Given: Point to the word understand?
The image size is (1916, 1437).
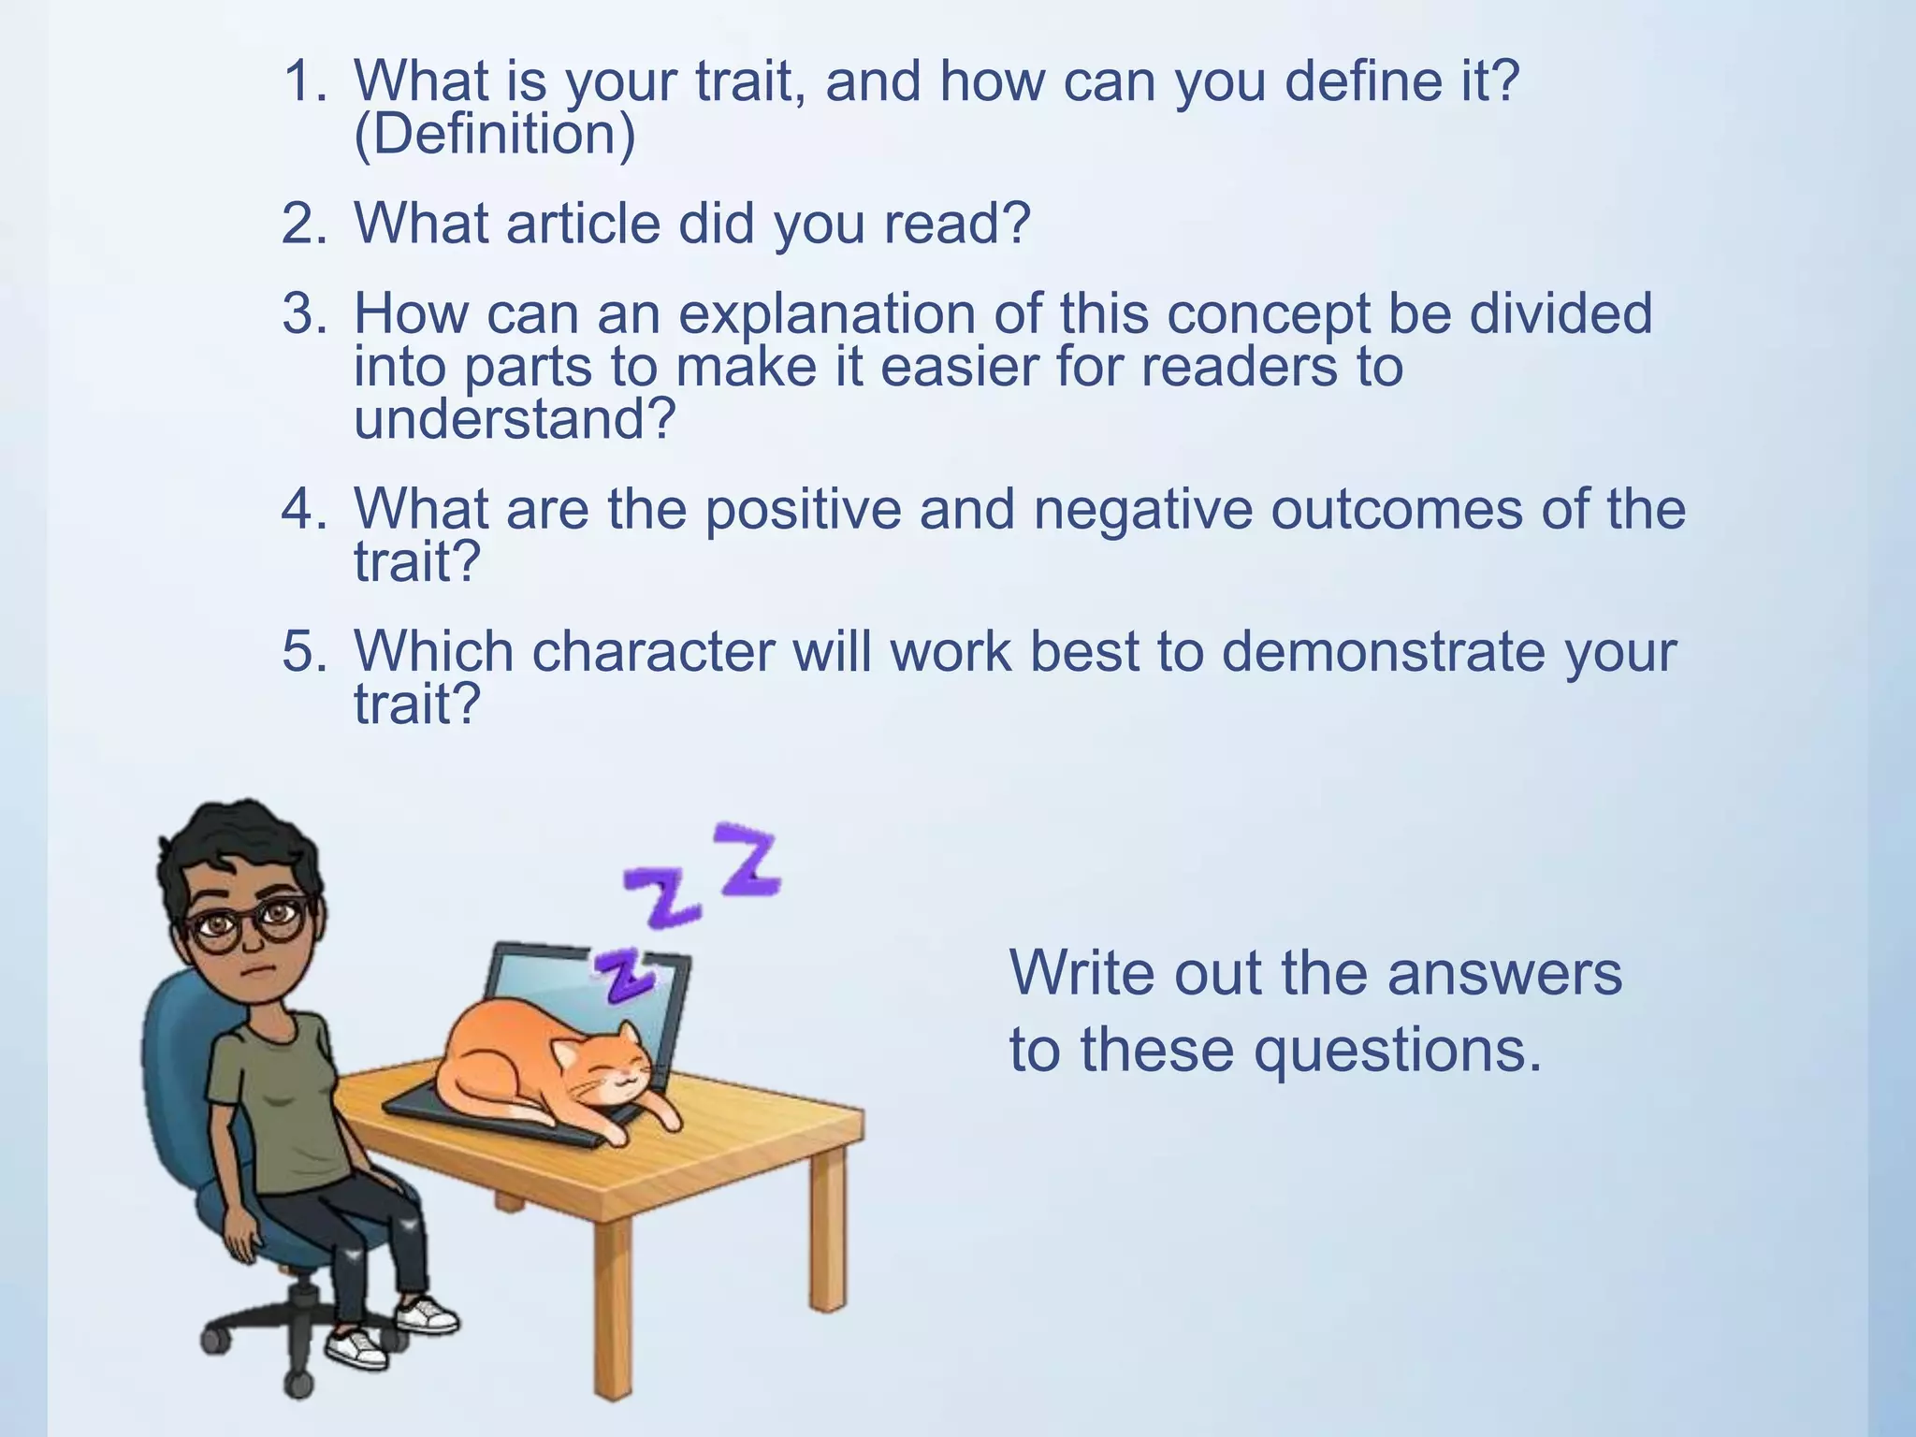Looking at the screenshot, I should tap(515, 419).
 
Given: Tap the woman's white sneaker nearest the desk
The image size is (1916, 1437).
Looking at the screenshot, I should tap(427, 1314).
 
